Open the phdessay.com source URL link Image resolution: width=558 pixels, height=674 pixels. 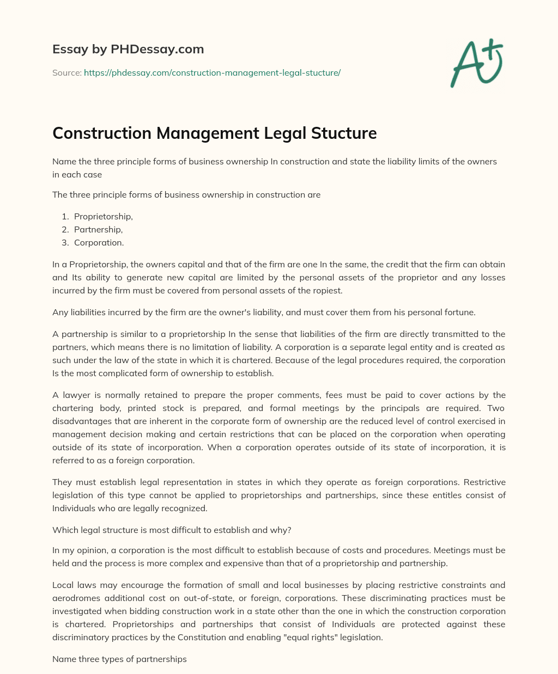[212, 72]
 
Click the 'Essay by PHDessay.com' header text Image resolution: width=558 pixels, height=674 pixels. [128, 49]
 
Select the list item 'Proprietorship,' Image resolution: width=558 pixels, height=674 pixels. [103, 216]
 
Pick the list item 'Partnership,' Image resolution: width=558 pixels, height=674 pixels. [98, 229]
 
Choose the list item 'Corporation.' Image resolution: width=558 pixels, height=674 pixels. [99, 242]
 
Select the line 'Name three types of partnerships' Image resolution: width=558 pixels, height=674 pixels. [119, 659]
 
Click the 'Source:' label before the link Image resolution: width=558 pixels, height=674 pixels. [66, 72]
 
